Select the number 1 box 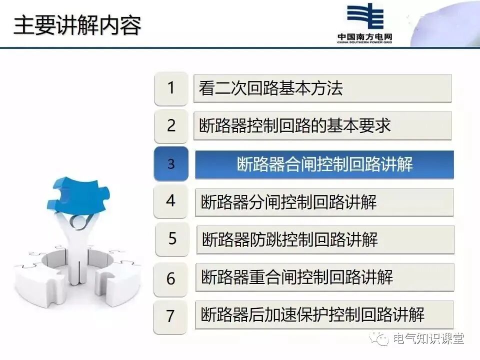(171, 88)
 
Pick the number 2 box (171, 126)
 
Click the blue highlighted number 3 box (171, 164)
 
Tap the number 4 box (171, 201)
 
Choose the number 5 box (172, 239)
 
